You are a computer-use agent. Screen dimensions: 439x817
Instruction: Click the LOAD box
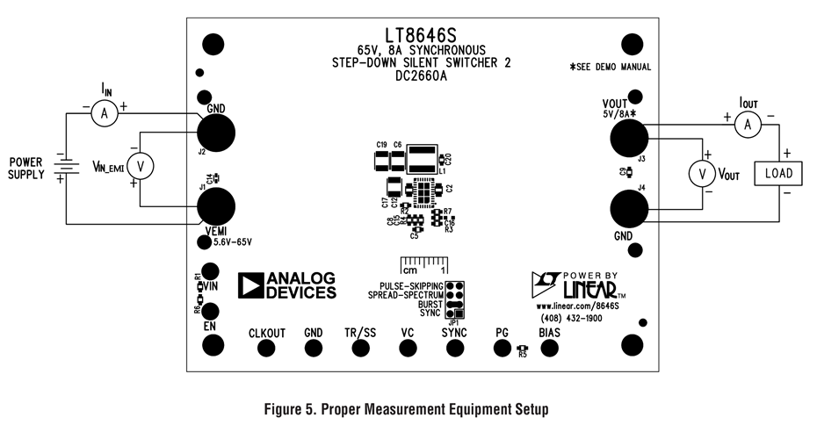(778, 173)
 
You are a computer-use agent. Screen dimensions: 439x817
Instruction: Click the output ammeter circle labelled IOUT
(748, 126)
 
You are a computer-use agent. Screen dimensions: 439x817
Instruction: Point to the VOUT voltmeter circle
(702, 175)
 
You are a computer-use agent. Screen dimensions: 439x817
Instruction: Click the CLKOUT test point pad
(267, 348)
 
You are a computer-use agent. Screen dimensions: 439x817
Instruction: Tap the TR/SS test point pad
(360, 348)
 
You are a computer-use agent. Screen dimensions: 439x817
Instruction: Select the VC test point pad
(407, 348)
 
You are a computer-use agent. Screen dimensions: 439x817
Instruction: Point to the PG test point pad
(502, 348)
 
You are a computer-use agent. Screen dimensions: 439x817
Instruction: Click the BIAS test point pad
(549, 348)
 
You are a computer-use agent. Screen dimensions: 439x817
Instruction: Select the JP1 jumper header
(454, 300)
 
